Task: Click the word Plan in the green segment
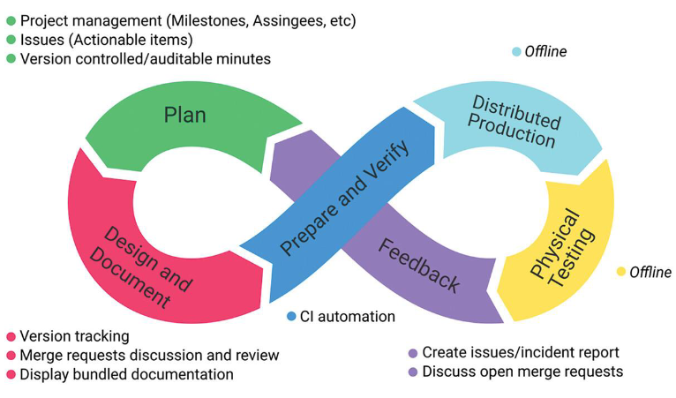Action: pyautogui.click(x=184, y=116)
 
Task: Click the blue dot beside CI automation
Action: pyautogui.click(x=291, y=316)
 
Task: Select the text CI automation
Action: pyautogui.click(x=347, y=316)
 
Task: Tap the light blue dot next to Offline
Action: pyautogui.click(x=517, y=52)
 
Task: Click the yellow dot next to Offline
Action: pyautogui.click(x=621, y=272)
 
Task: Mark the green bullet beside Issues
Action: pyautogui.click(x=11, y=40)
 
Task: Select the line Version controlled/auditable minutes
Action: pyautogui.click(x=145, y=59)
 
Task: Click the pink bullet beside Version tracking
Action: pyautogui.click(x=11, y=336)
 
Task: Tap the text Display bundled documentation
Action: pyautogui.click(x=126, y=374)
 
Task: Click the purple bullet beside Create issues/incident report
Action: pyautogui.click(x=412, y=353)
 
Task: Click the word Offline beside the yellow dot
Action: pyautogui.click(x=650, y=272)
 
